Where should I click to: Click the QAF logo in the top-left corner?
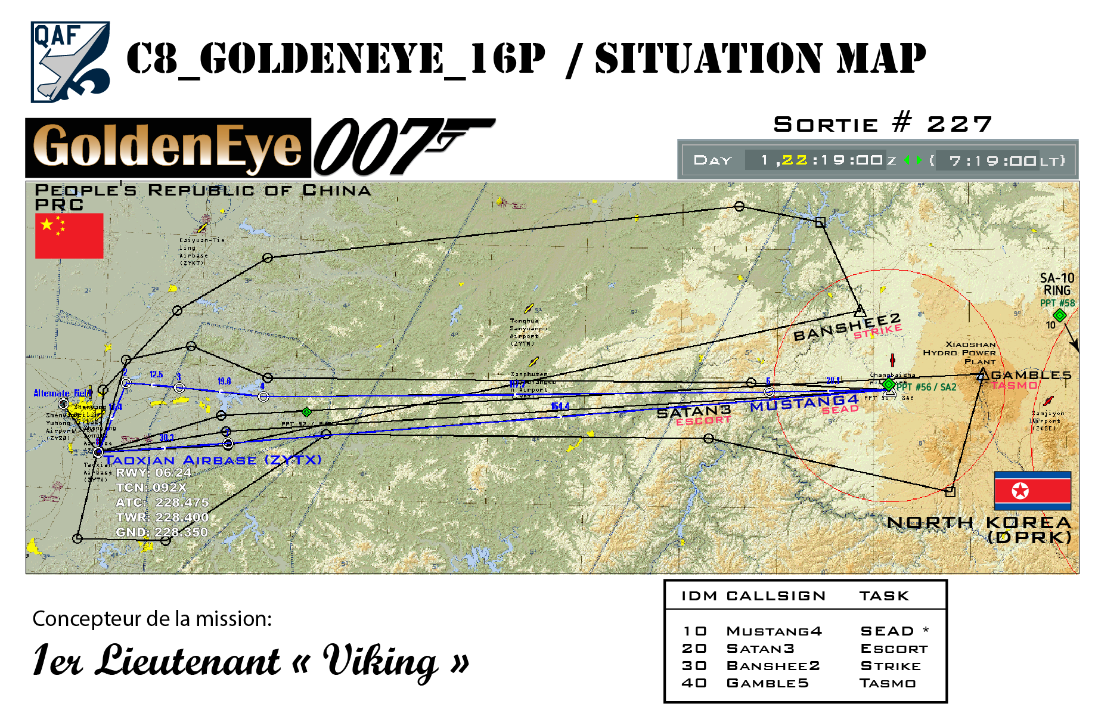[x=70, y=62]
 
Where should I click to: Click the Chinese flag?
[x=69, y=236]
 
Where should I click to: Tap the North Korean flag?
[x=1032, y=491]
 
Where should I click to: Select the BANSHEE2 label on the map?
[x=846, y=327]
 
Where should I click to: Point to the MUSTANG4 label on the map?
[x=804, y=403]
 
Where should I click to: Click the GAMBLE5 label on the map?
[x=1031, y=376]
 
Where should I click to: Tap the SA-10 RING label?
[x=1057, y=284]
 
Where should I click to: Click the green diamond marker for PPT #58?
[x=1059, y=315]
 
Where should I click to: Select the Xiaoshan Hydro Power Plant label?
[x=960, y=353]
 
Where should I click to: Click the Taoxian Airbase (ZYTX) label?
[x=213, y=460]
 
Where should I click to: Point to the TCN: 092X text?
[x=151, y=488]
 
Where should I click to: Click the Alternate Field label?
[x=62, y=393]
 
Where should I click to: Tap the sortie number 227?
[x=959, y=125]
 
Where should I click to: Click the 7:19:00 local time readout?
[x=992, y=160]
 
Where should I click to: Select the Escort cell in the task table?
[x=894, y=649]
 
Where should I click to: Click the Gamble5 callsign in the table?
[x=767, y=683]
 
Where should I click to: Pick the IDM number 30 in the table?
[x=694, y=666]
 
